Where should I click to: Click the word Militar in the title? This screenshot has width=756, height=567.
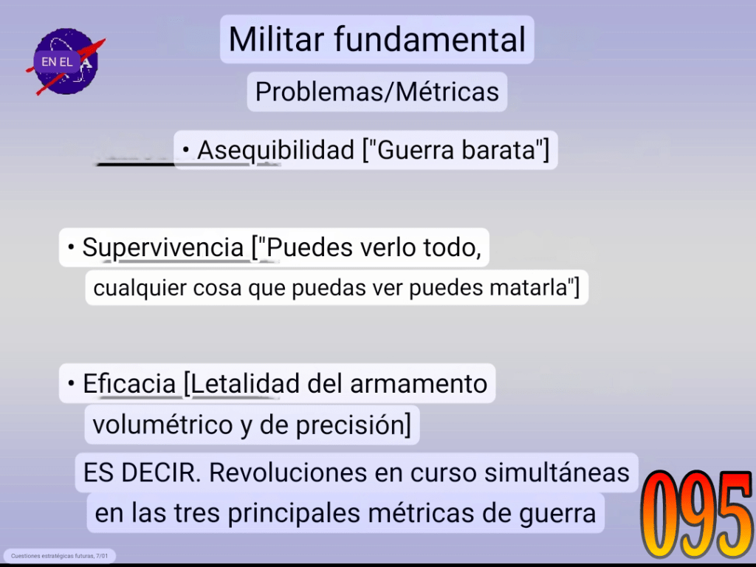coord(277,39)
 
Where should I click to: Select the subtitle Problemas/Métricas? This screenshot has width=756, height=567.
coord(377,92)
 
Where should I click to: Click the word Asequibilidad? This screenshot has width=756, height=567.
coord(276,150)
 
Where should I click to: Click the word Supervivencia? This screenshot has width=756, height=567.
coord(163,248)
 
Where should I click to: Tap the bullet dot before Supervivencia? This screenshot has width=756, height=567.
coord(72,247)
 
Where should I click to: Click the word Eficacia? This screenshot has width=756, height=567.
coord(129,384)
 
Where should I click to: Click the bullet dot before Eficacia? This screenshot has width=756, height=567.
coord(72,384)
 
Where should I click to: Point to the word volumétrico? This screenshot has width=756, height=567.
coord(162,425)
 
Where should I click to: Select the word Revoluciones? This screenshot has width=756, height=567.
coord(288,472)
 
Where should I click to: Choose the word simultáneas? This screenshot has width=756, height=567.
coord(557,472)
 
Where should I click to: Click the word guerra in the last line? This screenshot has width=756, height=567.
coord(558,514)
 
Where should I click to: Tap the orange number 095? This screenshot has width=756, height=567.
coord(696,514)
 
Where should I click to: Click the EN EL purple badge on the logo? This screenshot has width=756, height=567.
coord(57,62)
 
